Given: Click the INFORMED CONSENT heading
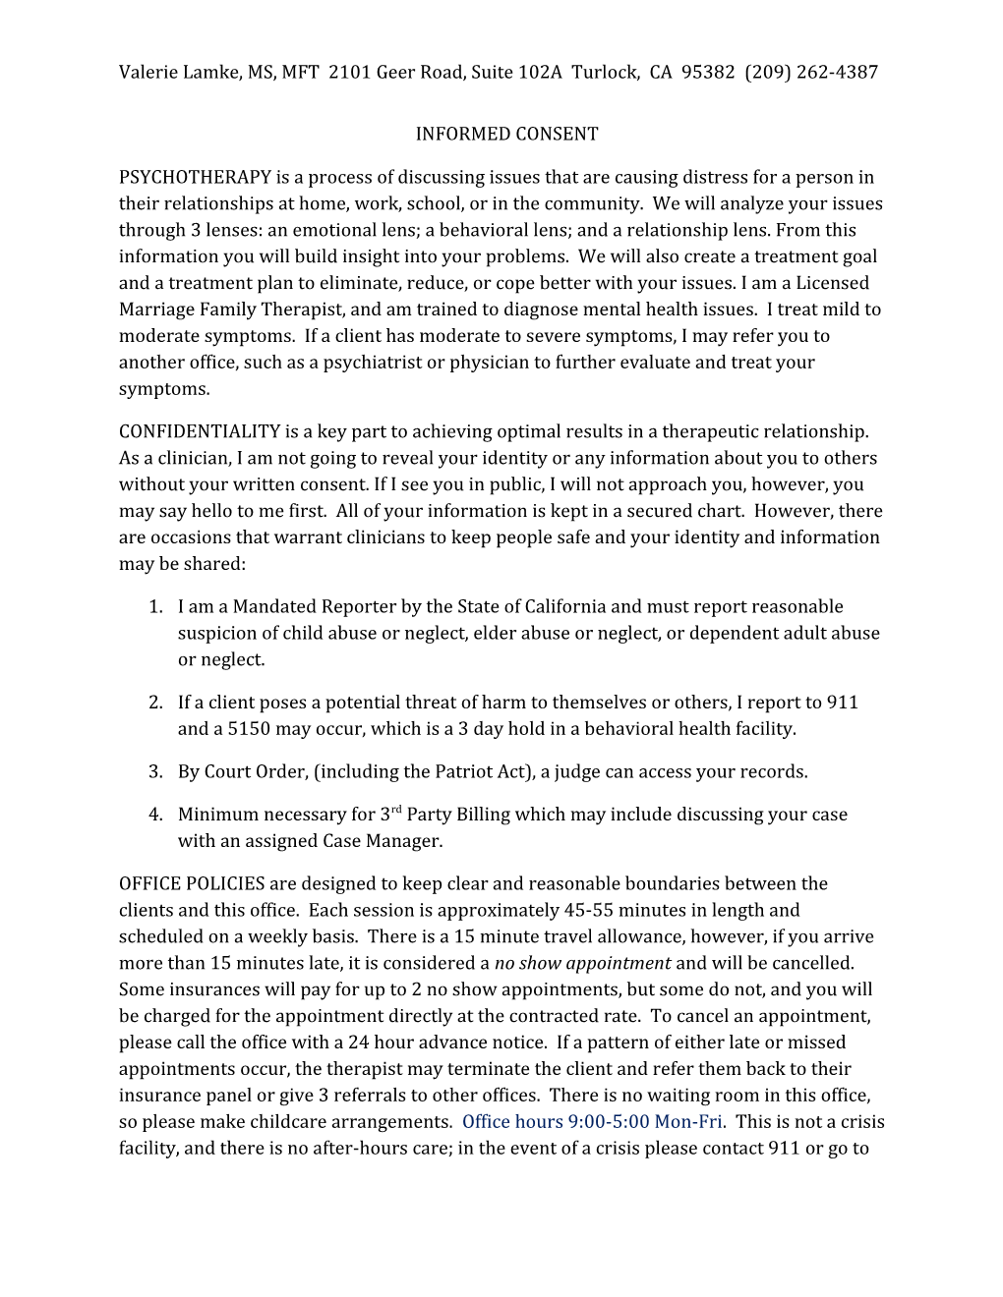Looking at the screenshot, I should click(506, 134).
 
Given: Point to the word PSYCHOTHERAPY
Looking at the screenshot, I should click(195, 177).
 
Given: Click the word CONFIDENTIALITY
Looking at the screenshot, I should click(200, 431).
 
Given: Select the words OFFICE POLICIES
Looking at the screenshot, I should click(192, 883).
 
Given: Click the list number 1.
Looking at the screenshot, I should click(154, 607).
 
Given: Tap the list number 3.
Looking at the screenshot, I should click(154, 771).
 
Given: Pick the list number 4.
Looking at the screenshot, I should click(154, 815).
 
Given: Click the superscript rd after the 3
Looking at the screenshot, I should click(396, 810).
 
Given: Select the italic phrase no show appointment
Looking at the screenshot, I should click(582, 963).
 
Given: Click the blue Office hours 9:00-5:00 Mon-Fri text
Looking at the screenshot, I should click(593, 1122).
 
